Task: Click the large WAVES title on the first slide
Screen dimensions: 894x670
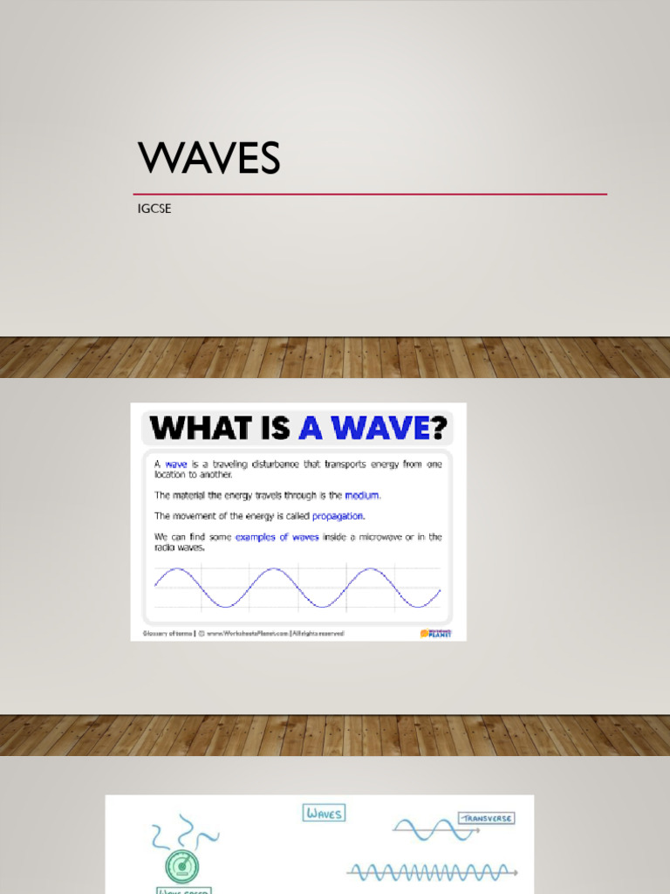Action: (x=209, y=159)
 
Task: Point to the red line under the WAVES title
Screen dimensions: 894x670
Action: (x=370, y=194)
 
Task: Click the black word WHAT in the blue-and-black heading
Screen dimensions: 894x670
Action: (x=193, y=428)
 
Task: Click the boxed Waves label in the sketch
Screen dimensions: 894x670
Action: (x=324, y=813)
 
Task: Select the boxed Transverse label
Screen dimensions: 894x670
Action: (x=487, y=818)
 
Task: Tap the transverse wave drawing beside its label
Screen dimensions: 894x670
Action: (x=422, y=829)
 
